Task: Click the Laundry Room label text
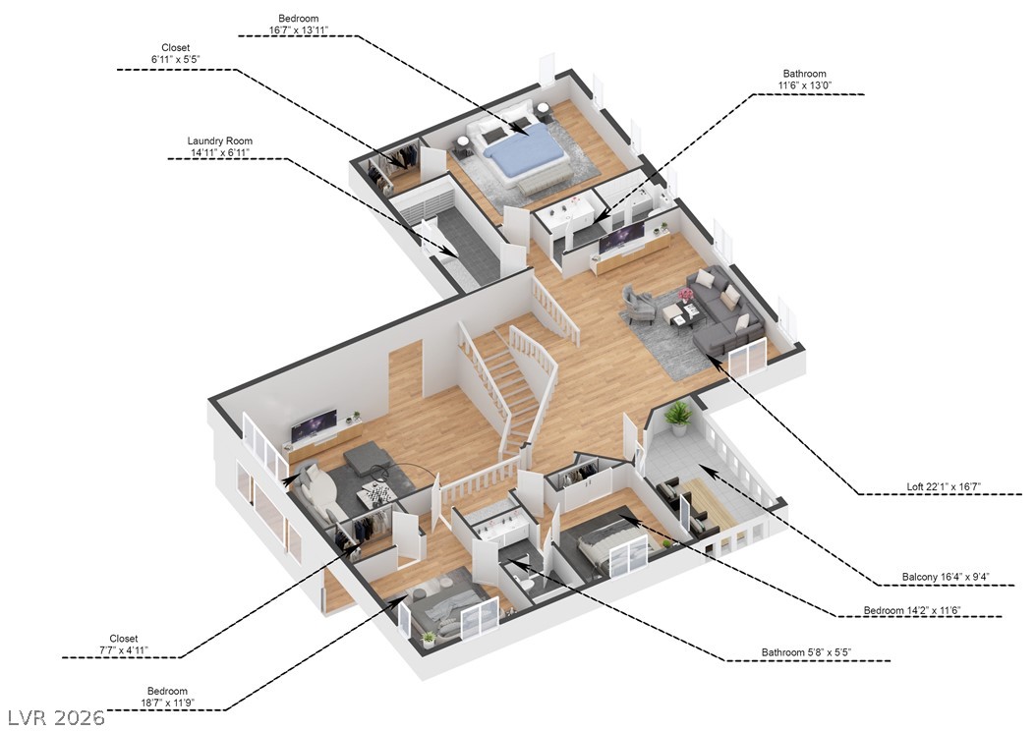219,141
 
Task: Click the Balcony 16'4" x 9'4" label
948,577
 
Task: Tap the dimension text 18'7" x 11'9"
167,704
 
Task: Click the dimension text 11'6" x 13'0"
804,86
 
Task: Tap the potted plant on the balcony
677,418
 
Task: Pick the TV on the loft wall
622,236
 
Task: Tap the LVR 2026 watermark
55,717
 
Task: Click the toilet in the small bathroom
527,581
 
